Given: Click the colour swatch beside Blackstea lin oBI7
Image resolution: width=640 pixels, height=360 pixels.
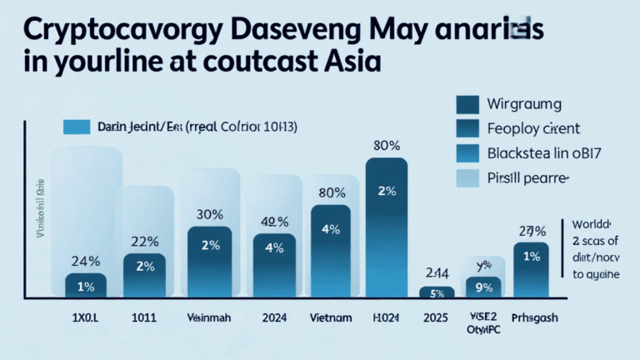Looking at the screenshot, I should (468, 153).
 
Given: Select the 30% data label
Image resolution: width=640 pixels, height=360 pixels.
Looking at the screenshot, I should (208, 213).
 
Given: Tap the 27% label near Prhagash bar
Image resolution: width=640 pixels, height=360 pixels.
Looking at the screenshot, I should (532, 232).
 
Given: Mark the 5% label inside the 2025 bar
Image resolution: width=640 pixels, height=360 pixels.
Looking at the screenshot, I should (437, 292).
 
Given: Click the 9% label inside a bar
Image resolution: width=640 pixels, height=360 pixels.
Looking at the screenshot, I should (482, 287).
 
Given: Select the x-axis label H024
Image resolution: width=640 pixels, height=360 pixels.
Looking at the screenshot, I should (387, 317).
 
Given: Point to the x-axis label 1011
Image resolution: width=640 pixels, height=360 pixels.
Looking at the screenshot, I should (143, 317).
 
